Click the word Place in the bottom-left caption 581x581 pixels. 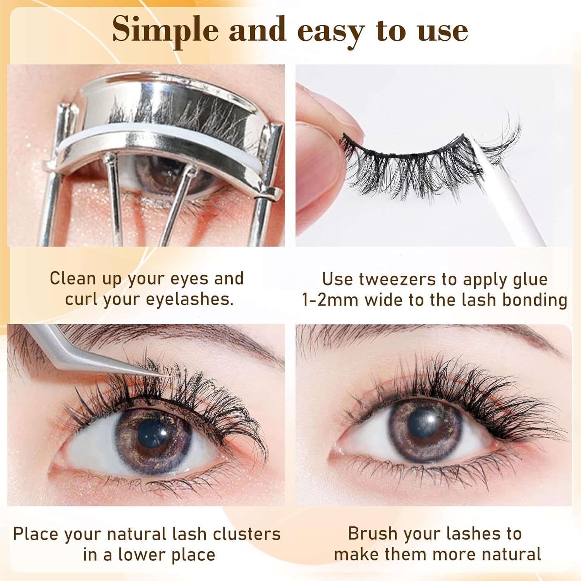(x=36, y=534)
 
